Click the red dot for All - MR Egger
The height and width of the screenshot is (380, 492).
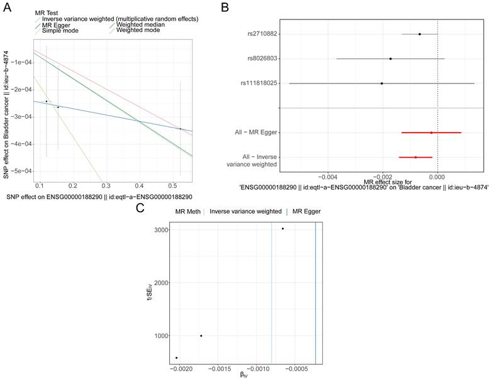click(432, 133)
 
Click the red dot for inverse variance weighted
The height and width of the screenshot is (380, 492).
click(416, 157)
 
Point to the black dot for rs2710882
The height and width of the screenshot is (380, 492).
click(420, 34)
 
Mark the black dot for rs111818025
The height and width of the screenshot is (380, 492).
click(381, 83)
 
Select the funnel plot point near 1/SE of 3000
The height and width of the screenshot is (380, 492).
click(283, 229)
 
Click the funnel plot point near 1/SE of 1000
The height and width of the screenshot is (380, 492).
click(201, 335)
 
